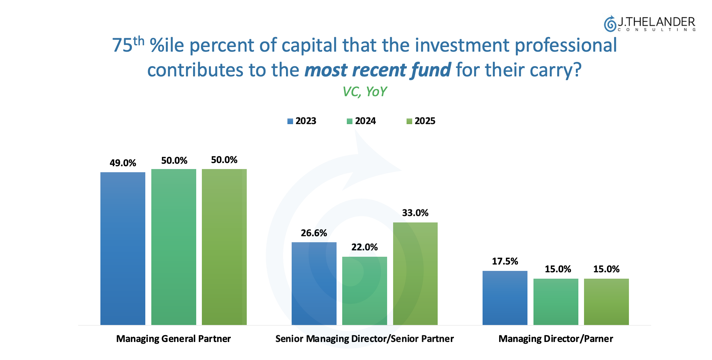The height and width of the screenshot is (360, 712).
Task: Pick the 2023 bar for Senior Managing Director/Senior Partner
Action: point(314,283)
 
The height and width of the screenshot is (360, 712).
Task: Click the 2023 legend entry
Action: point(302,121)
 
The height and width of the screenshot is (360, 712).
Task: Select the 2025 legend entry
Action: point(421,121)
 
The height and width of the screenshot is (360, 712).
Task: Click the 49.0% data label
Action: point(123,163)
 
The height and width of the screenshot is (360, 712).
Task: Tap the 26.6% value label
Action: point(314,233)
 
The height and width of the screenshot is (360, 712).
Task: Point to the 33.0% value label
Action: point(415,213)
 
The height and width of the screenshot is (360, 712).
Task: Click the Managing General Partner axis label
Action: point(173,339)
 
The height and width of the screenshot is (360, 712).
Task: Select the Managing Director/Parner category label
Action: point(555,339)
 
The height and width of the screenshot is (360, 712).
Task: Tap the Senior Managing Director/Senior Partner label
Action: point(364,339)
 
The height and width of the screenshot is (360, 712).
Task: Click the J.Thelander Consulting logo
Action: point(649,24)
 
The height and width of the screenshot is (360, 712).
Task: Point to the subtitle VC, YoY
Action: point(364,92)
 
